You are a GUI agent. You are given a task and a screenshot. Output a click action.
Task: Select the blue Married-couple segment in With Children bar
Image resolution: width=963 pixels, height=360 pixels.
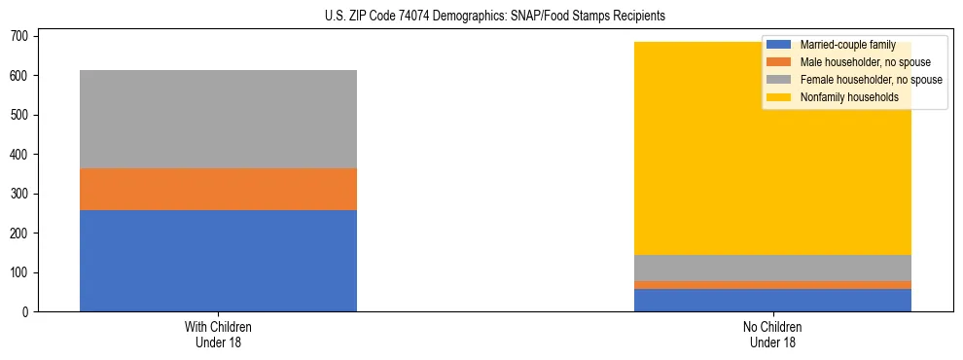click(x=218, y=261)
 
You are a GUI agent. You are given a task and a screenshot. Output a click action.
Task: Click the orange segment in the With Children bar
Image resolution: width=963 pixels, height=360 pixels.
click(x=218, y=189)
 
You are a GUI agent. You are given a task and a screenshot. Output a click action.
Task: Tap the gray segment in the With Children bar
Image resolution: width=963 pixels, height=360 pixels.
click(x=218, y=119)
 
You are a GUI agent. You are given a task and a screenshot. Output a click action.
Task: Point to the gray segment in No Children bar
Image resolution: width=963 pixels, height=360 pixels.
click(x=772, y=268)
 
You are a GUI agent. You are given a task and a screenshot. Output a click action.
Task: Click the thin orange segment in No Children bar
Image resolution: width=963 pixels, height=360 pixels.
click(x=772, y=285)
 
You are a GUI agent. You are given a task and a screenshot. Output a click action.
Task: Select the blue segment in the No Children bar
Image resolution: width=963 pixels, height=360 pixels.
click(x=772, y=300)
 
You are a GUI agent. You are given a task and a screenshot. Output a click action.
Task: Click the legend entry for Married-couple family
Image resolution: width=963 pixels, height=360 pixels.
click(x=847, y=45)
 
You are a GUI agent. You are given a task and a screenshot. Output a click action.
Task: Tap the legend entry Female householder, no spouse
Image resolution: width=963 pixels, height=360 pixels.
click(x=870, y=80)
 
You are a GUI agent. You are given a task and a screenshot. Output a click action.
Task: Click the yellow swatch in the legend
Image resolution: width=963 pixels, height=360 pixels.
click(x=779, y=97)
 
